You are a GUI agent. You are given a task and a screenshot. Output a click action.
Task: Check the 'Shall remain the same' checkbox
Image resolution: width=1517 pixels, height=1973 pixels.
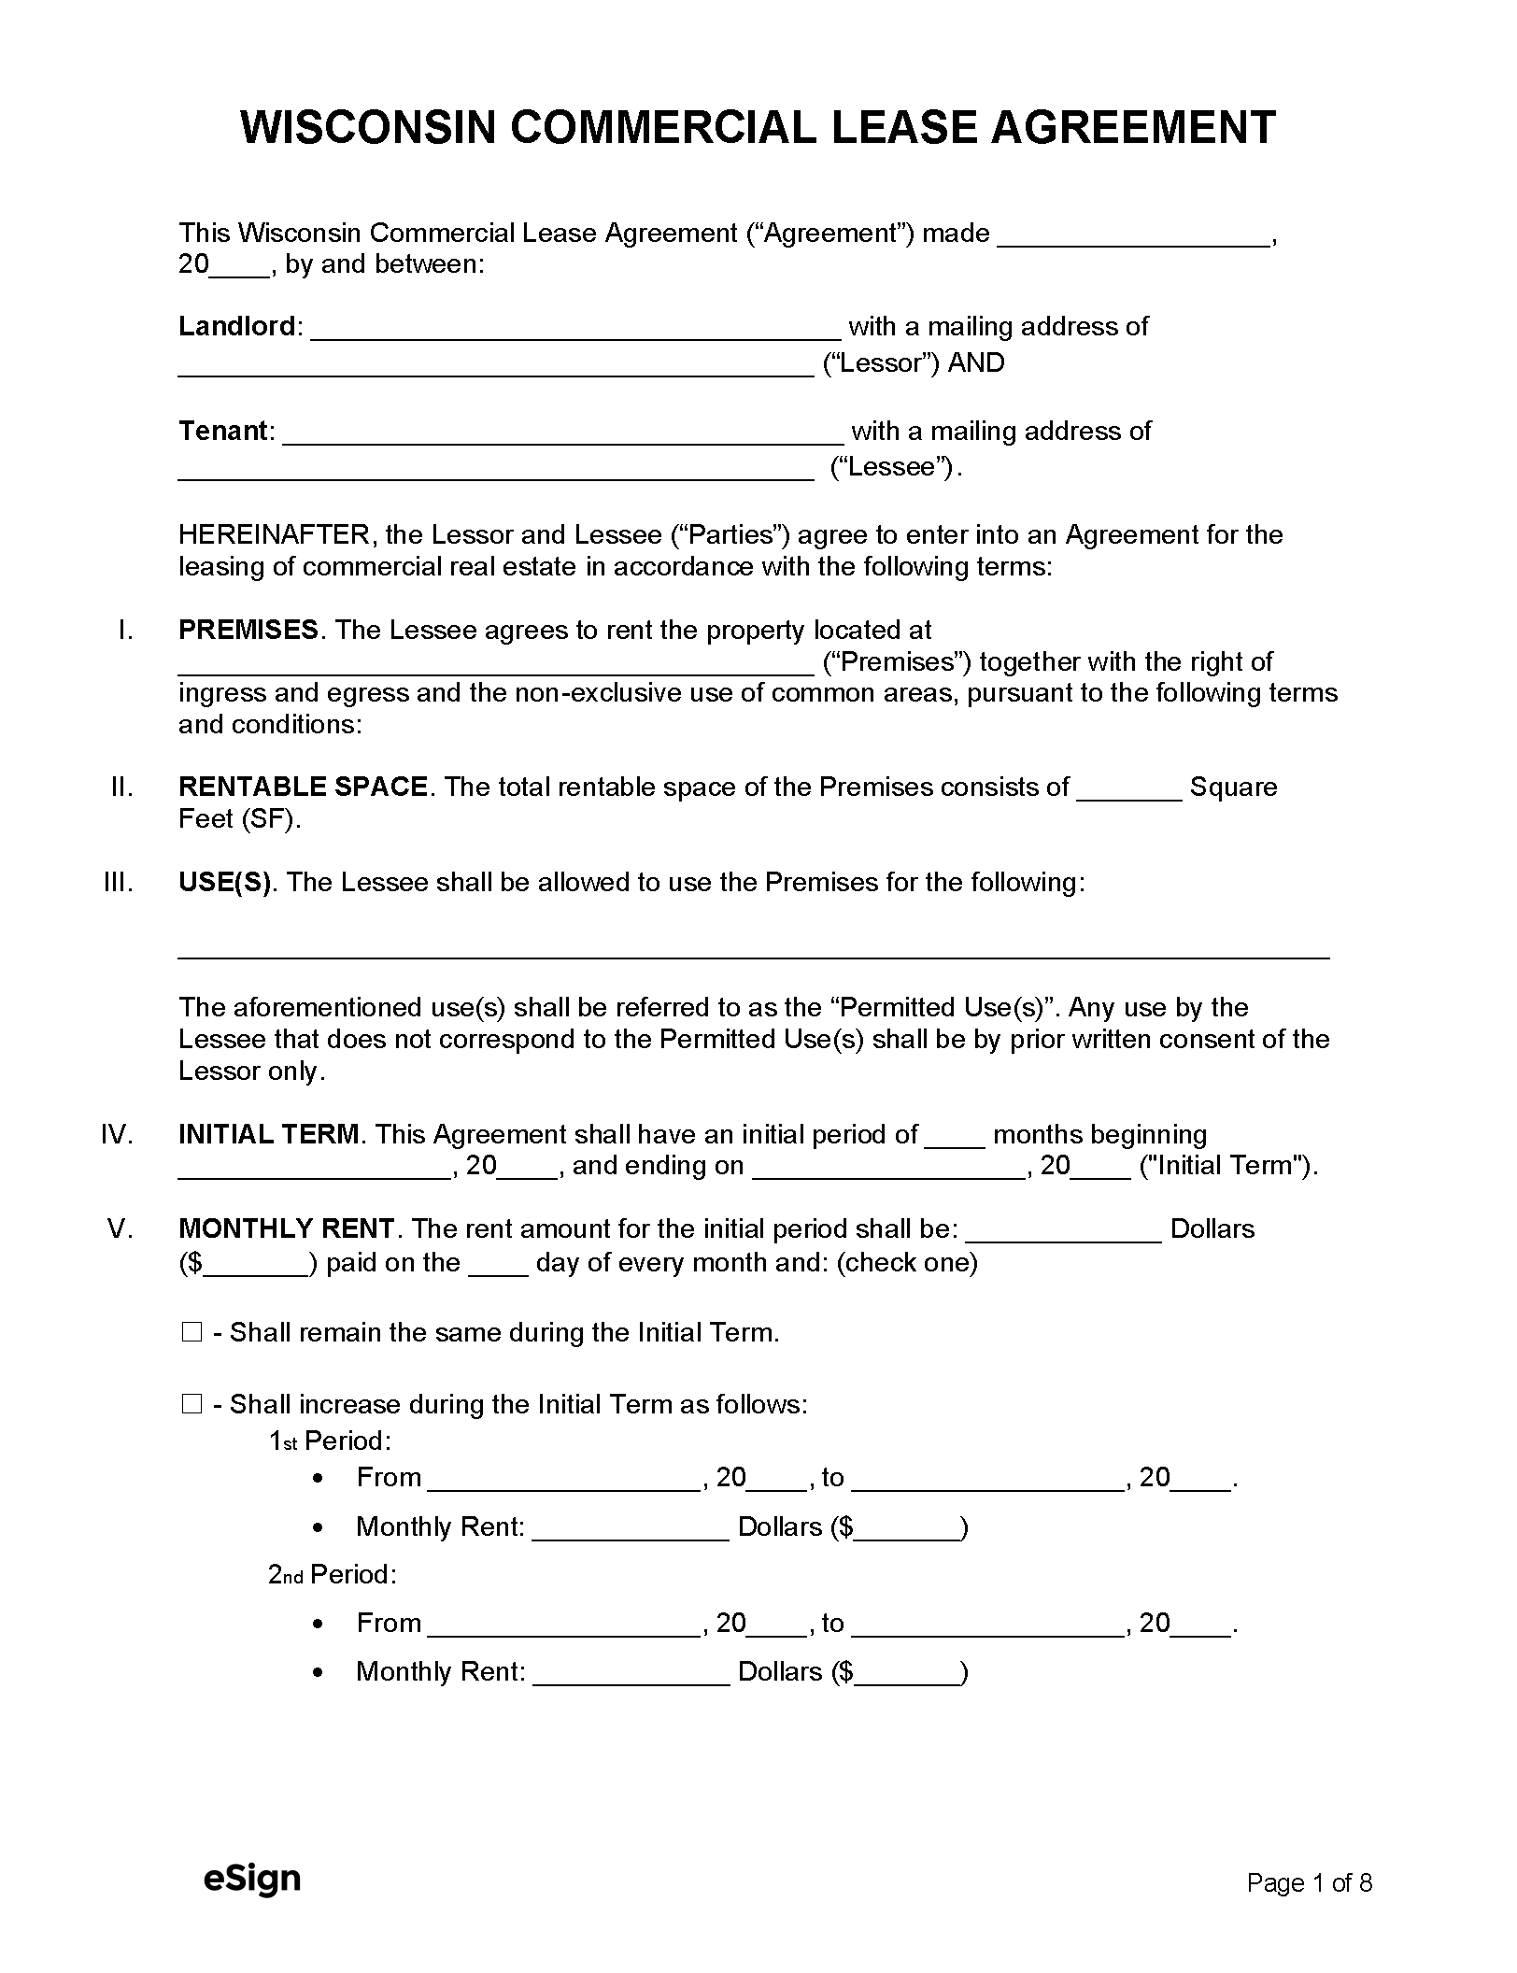point(191,1332)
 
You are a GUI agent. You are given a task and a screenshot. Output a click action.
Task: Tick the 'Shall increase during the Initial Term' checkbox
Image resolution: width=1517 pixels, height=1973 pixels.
point(191,1404)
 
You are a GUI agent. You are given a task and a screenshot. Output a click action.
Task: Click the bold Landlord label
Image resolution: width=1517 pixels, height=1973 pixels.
point(237,326)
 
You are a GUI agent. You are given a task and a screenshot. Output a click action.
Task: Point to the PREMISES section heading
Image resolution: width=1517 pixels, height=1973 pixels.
point(248,630)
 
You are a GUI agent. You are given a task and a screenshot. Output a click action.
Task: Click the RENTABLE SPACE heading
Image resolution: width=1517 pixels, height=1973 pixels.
point(303,787)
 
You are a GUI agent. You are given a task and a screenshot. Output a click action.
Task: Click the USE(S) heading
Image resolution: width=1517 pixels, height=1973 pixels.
point(224,882)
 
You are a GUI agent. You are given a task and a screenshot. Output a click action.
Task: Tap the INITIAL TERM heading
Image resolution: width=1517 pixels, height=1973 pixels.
point(268,1134)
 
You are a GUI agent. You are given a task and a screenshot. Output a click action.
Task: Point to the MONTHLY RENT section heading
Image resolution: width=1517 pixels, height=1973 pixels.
point(286,1228)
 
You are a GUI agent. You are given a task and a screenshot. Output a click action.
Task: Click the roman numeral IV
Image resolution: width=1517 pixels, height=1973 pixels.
point(117,1134)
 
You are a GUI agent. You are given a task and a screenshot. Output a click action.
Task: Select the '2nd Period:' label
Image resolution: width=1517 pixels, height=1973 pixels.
point(333,1575)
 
